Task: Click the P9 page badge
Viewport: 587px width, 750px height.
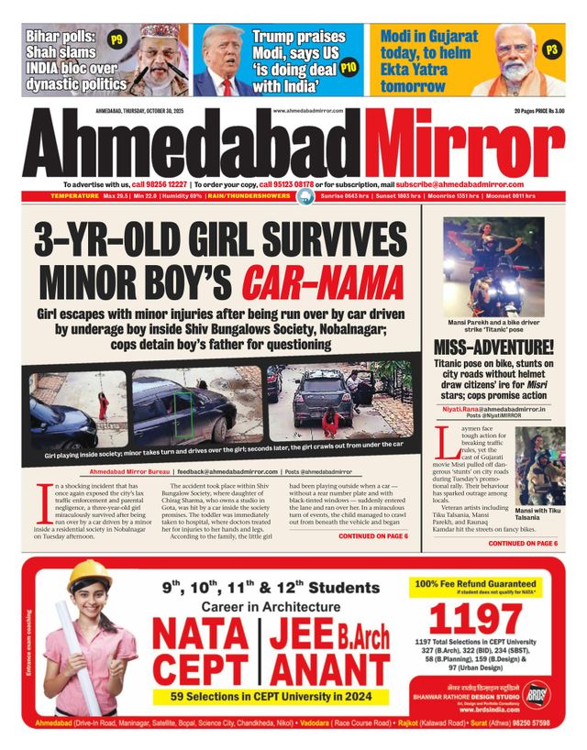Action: tap(116, 40)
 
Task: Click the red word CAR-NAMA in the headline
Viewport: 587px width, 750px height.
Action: tap(327, 281)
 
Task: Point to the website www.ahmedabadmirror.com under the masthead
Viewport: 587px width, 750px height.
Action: tap(308, 111)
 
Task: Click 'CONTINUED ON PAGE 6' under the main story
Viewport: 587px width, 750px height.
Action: tap(373, 536)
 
